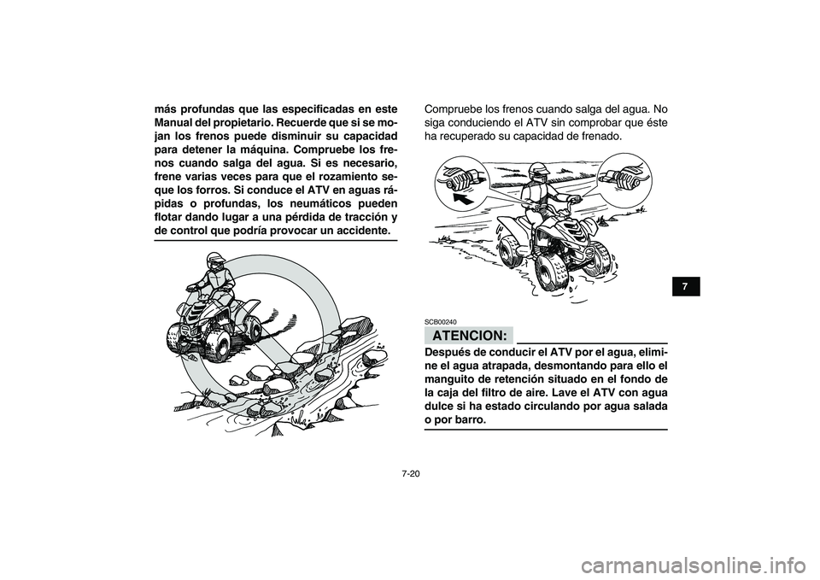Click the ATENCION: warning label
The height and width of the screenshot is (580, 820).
467,333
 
